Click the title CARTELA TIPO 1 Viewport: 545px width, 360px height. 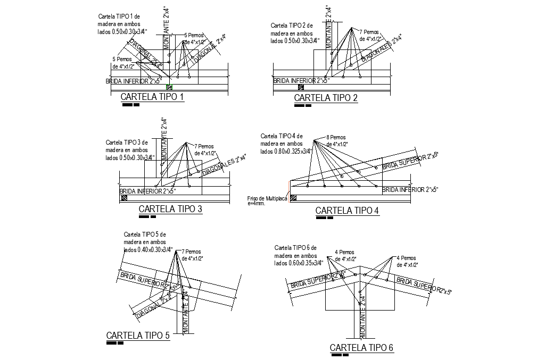click(152, 97)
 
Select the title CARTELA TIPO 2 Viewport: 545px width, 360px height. click(326, 98)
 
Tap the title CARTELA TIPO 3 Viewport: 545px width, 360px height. click(170, 209)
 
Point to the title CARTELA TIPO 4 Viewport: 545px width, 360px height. click(347, 211)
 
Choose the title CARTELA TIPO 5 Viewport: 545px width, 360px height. click(138, 336)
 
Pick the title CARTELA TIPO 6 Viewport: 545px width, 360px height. click(361, 348)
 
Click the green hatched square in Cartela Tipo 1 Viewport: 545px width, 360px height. click(169, 86)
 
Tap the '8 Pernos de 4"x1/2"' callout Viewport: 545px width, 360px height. click(336, 141)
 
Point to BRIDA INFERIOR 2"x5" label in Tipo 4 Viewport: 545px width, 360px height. click(410, 190)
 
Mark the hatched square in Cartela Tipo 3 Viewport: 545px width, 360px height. click(123, 197)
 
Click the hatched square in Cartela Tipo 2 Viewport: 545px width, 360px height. click(301, 87)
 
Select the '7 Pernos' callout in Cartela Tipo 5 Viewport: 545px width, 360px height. click(192, 255)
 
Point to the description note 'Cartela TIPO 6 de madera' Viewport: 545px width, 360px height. click(296, 255)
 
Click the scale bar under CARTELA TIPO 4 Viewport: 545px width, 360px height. click(324, 217)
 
